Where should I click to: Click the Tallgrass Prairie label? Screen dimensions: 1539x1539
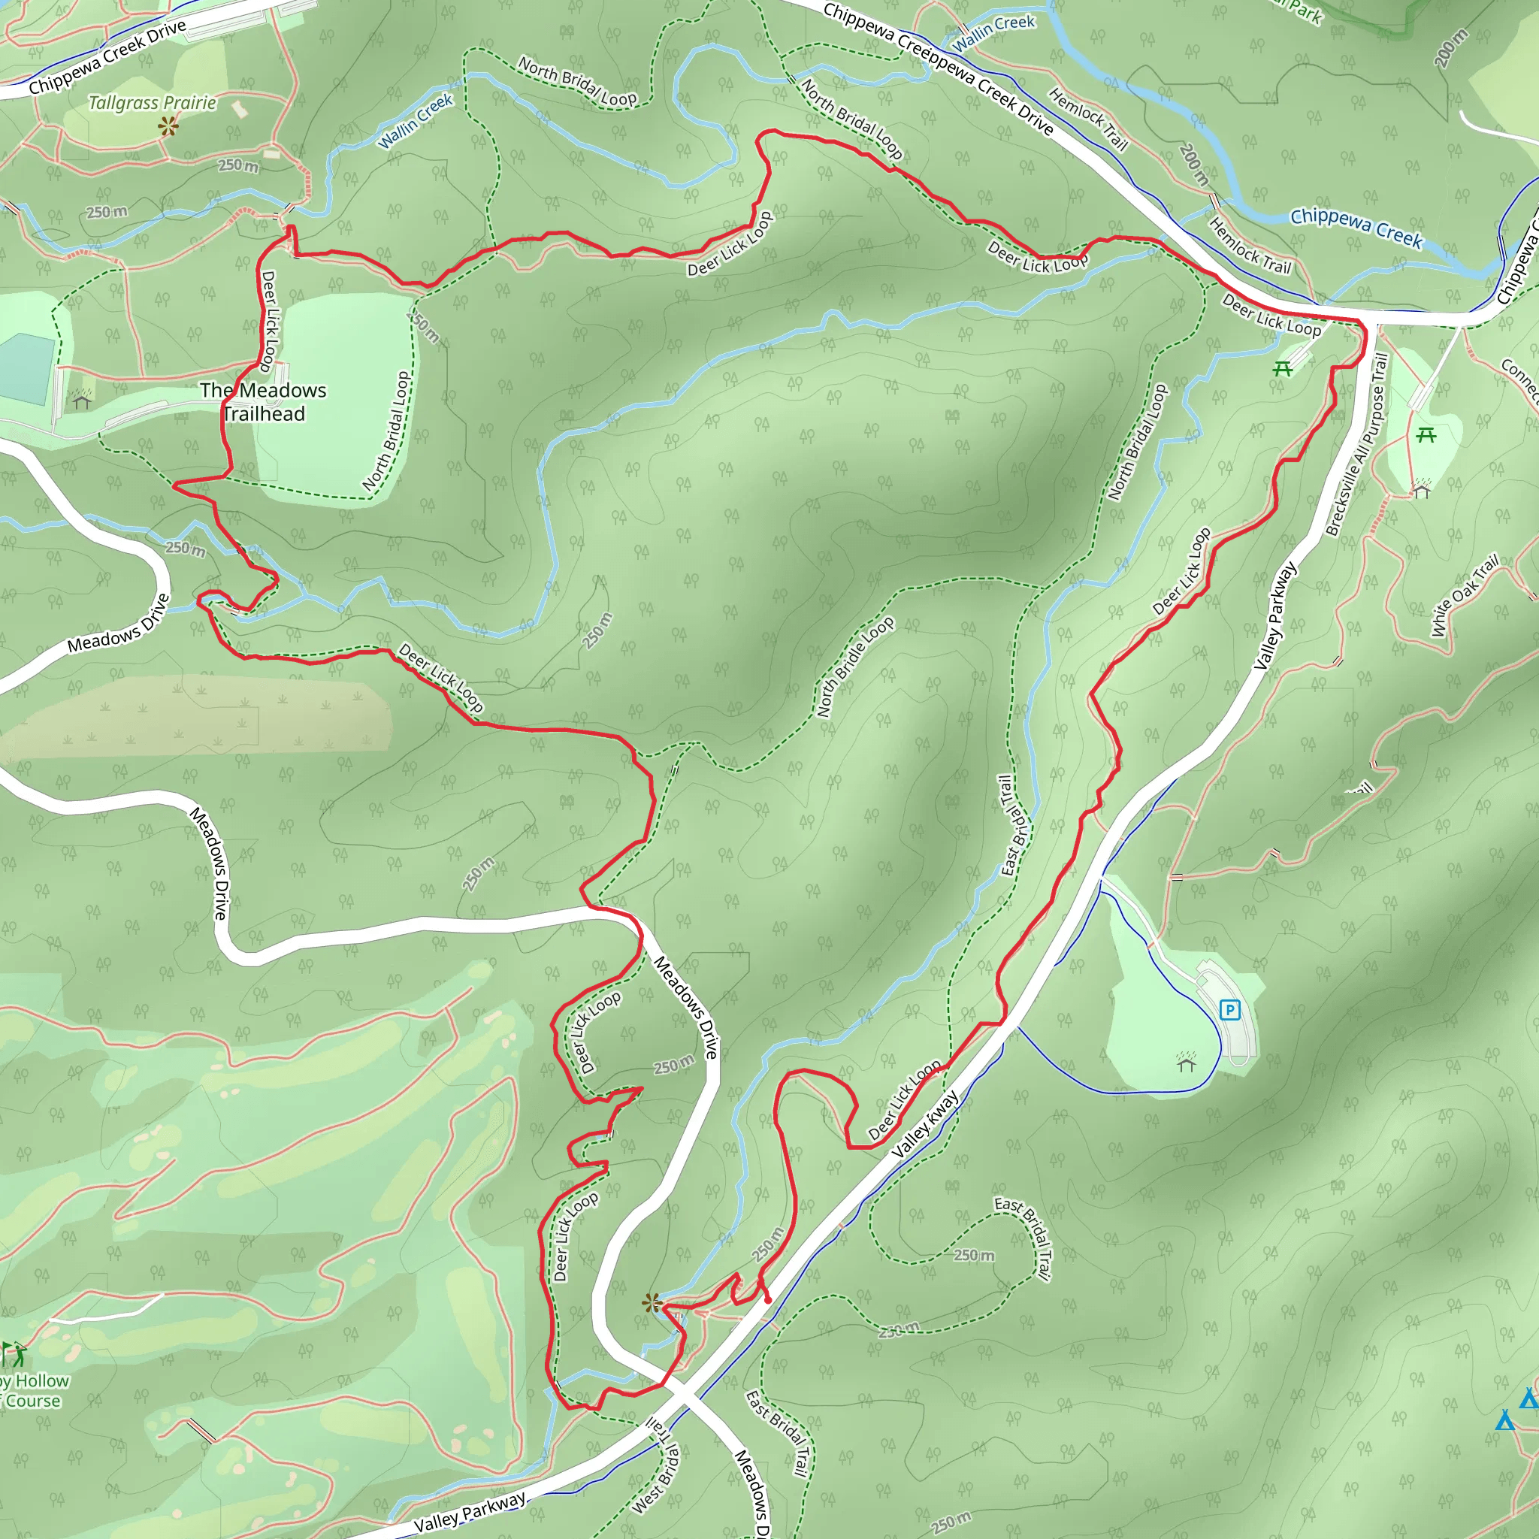point(152,103)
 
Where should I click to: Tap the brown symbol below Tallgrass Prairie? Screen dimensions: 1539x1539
point(168,125)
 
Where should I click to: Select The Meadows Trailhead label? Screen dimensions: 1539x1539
point(263,401)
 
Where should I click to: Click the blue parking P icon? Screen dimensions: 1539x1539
point(1230,1010)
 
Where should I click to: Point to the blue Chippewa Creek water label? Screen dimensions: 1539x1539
point(1356,227)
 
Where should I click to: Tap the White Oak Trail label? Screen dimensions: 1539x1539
point(1464,595)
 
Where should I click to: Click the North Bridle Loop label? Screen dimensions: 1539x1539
point(855,667)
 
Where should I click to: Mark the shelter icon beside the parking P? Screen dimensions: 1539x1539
point(1186,1063)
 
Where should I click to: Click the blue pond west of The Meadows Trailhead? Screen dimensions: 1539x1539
point(26,369)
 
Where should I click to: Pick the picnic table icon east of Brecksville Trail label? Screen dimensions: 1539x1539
point(1426,435)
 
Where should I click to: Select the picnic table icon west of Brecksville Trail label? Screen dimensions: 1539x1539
point(1282,368)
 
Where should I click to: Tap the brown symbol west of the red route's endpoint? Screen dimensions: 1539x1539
point(652,1303)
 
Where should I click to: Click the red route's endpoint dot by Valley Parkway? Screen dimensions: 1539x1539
point(768,1300)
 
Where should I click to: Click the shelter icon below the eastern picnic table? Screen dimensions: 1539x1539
point(1422,489)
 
